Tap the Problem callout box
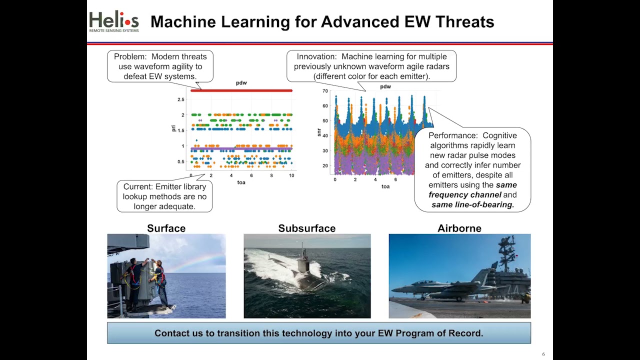click(x=160, y=66)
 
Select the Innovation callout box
click(x=371, y=66)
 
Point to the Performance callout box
click(x=472, y=170)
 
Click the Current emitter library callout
click(x=164, y=196)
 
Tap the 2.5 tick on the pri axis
click(x=180, y=99)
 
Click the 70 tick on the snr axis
click(x=325, y=91)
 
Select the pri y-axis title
click(x=173, y=128)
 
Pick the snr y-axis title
click(x=318, y=132)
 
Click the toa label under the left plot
click(x=241, y=182)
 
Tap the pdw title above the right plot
click(x=385, y=86)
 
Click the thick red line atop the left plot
click(x=241, y=90)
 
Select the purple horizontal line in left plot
click(x=241, y=148)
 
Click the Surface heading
click(x=166, y=228)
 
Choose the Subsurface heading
click(x=306, y=228)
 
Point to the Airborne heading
click(x=459, y=228)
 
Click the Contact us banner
click(x=318, y=333)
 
